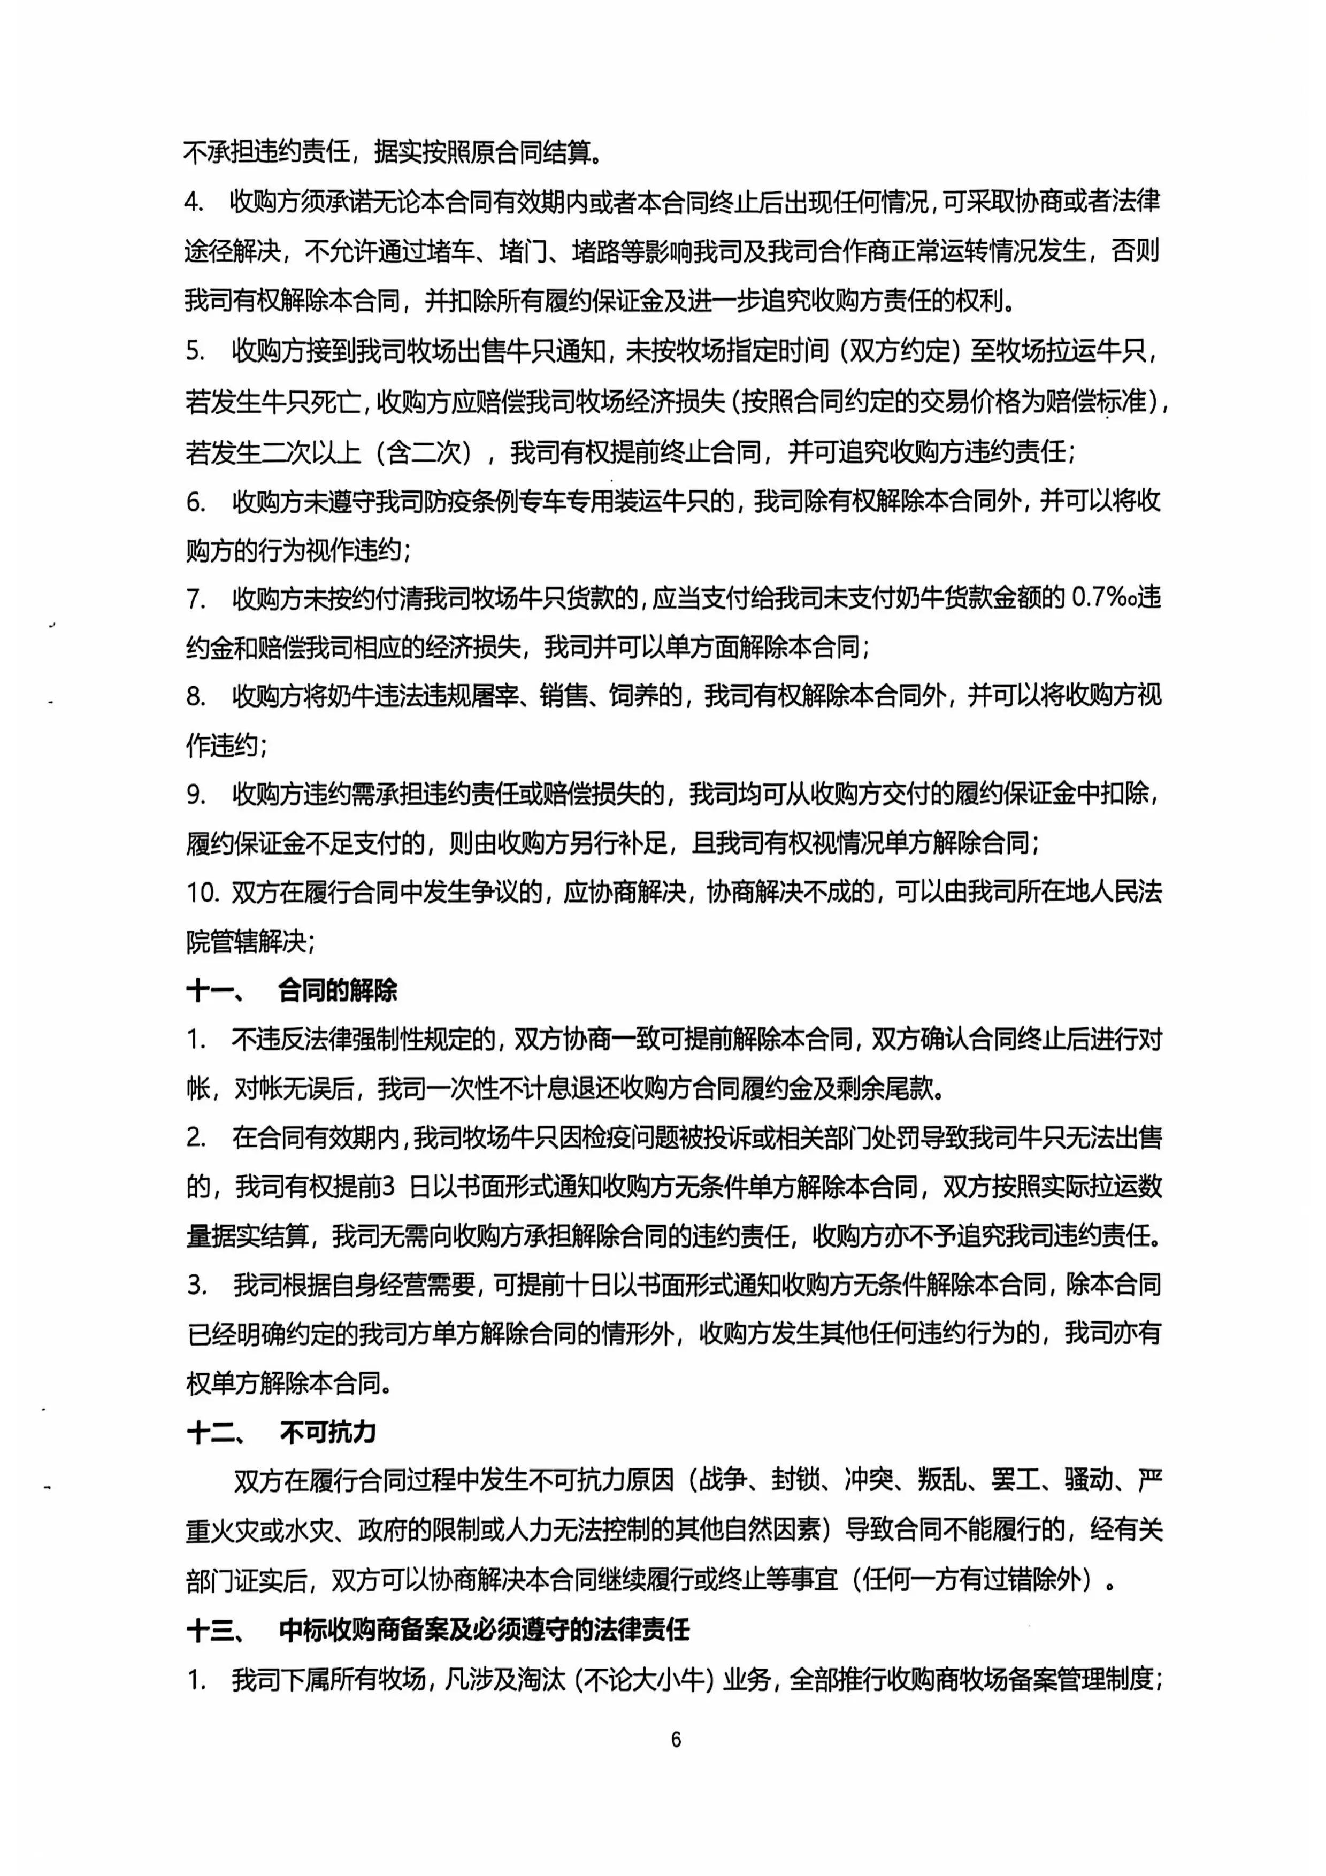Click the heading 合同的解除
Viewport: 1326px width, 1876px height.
pyautogui.click(x=338, y=990)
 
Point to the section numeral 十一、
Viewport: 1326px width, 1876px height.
pyautogui.click(x=214, y=991)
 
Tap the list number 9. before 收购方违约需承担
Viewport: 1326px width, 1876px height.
pyautogui.click(x=196, y=794)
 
